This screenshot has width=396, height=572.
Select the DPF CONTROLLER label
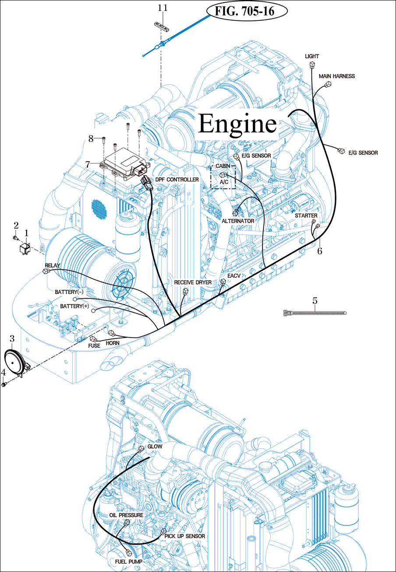177,180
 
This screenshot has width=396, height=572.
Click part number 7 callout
88,164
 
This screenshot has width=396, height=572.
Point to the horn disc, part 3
14,358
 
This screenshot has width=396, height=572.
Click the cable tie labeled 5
315,312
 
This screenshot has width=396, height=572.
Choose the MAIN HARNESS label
336,76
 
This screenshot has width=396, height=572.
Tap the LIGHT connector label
312,56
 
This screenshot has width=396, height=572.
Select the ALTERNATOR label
238,221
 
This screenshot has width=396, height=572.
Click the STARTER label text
306,216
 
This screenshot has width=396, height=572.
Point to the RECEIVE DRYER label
193,283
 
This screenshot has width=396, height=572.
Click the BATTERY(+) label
74,306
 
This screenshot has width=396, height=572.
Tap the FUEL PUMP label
127,561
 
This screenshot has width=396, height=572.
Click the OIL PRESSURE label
126,515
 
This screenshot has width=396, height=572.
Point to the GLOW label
155,447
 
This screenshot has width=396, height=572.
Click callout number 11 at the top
163,8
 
